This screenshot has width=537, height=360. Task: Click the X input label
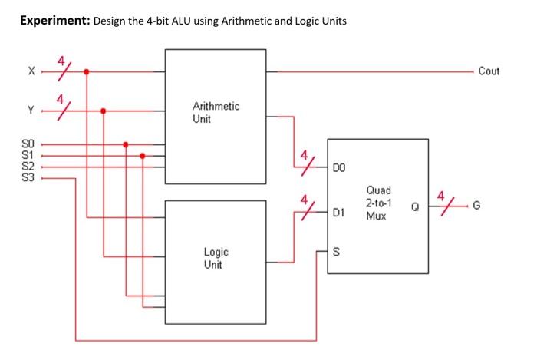[x=31, y=71]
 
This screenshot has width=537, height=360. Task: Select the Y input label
[x=31, y=110]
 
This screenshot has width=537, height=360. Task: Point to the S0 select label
[x=28, y=144]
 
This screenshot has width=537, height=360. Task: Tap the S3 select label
[x=28, y=178]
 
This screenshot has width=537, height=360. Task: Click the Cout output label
[x=489, y=71]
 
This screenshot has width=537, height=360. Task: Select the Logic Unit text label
[x=216, y=258]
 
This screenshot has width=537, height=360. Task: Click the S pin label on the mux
[x=337, y=250]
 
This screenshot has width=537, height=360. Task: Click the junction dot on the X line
[x=87, y=71]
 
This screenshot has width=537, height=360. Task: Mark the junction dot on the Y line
[x=104, y=110]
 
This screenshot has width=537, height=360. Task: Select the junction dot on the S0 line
[x=126, y=144]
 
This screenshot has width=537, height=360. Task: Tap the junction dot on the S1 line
[x=143, y=155]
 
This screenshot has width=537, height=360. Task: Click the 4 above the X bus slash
[x=59, y=60]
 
